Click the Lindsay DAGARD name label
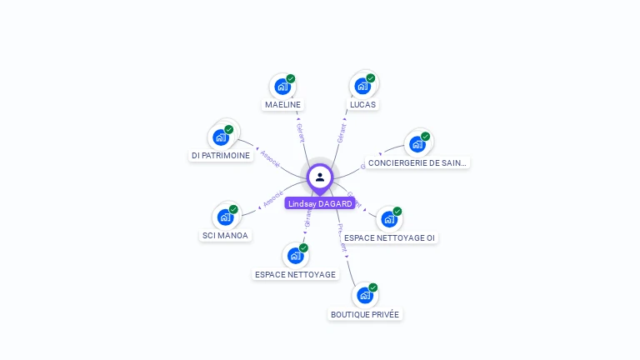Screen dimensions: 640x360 320,203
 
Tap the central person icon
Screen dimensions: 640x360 320,177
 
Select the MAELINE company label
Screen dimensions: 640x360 282,105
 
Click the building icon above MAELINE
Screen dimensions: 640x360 282,86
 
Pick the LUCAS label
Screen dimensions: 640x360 362,105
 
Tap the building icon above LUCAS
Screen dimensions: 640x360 362,85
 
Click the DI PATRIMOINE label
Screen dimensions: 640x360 221,156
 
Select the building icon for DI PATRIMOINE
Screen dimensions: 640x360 221,137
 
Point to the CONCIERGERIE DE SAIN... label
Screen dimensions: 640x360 417,163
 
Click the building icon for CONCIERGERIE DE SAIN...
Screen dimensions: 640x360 417,143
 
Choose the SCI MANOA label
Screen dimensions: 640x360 225,235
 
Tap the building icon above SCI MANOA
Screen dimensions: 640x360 225,217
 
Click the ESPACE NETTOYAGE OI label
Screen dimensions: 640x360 389,237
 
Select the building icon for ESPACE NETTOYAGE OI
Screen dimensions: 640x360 389,219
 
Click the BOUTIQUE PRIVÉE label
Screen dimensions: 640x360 365,314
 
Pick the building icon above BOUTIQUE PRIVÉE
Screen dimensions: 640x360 364,295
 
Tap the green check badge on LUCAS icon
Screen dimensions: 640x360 371,78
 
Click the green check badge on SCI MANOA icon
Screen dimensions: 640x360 233,209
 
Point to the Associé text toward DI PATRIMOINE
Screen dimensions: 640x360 270,158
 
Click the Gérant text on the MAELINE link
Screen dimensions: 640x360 300,132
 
